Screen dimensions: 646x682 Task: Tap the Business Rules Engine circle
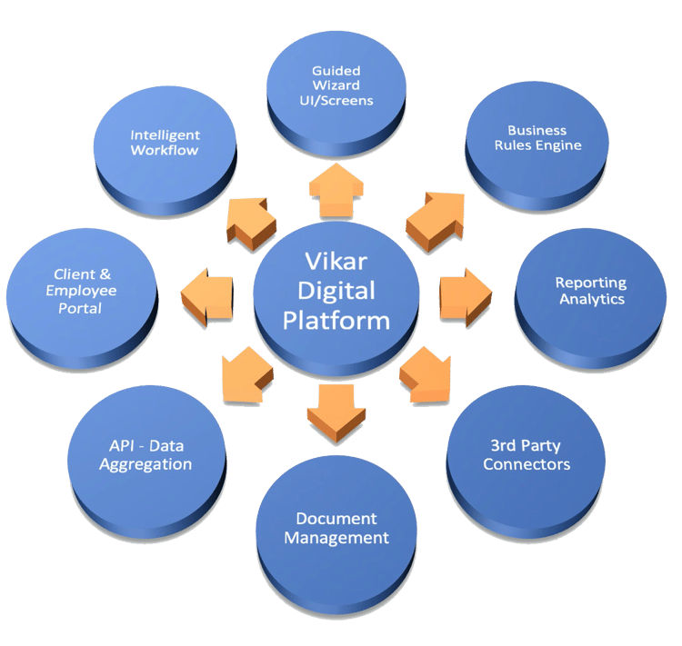[544, 138]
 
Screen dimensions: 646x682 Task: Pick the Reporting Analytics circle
[591, 291]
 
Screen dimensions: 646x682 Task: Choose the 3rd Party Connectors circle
[527, 455]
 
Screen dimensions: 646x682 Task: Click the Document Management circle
[336, 529]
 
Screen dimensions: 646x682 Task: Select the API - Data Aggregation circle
[145, 455]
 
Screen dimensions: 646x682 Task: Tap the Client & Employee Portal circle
[85, 292]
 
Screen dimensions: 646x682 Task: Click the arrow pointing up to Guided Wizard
[336, 184]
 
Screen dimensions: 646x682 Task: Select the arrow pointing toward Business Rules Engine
[435, 218]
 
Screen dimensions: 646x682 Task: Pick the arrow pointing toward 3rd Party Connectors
[426, 373]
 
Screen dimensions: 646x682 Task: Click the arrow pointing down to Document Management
[336, 410]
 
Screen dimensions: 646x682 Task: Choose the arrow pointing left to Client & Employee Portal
[206, 296]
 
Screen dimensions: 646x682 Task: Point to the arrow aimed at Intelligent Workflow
[249, 221]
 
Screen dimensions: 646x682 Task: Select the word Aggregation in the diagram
[145, 464]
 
